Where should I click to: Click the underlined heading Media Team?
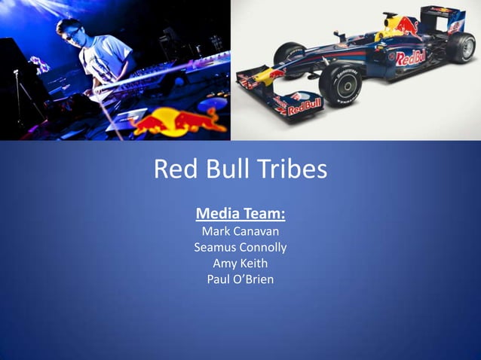pyautogui.click(x=240, y=212)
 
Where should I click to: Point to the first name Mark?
pyautogui.click(x=216, y=230)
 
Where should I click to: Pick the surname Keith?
pyautogui.click(x=255, y=264)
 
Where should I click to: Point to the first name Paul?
pyautogui.click(x=219, y=280)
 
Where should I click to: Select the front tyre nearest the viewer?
pyautogui.click(x=339, y=84)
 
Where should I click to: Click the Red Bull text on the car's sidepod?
pyautogui.click(x=411, y=57)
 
